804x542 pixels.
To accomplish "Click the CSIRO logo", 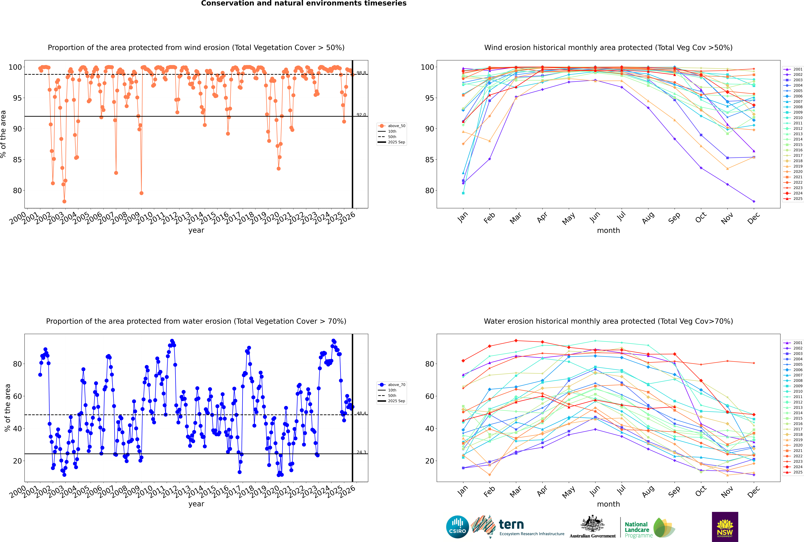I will point(457,527).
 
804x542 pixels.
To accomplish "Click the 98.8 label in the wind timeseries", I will point(361,73).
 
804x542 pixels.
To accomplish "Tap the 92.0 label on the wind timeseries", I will point(361,115).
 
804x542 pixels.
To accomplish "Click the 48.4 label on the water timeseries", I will point(361,413).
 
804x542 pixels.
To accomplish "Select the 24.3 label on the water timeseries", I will point(361,452).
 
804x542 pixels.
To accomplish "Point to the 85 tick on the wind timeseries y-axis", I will point(17,160).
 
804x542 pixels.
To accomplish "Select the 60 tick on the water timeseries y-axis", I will point(17,396).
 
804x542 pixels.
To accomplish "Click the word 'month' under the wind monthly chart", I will point(608,231).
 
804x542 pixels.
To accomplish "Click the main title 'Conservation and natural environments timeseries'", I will point(303,3).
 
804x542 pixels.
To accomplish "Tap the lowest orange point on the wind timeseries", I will point(64,202).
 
